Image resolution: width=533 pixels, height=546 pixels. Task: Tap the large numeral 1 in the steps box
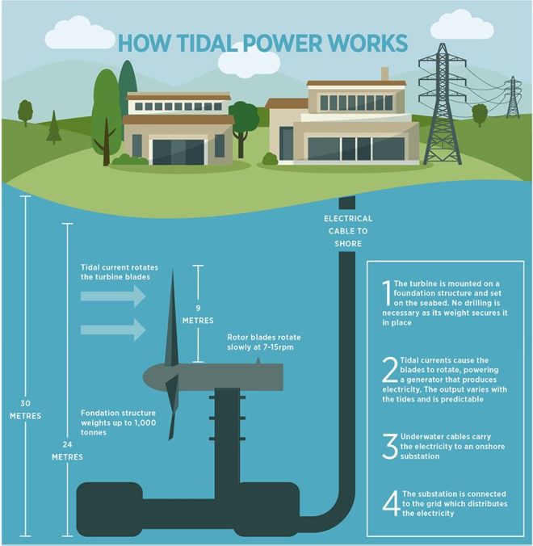click(387, 293)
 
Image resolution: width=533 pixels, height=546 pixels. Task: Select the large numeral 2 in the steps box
click(390, 369)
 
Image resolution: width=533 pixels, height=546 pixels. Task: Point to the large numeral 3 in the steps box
click(389, 446)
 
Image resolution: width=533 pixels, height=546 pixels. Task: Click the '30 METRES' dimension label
click(25, 409)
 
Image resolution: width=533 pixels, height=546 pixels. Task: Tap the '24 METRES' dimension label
click(67, 451)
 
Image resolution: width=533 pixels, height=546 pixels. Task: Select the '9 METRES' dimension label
click(198, 314)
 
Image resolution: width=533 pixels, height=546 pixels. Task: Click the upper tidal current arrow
click(113, 296)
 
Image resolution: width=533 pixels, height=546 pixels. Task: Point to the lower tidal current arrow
click(113, 330)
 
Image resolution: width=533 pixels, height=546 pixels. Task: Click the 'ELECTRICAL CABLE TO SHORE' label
click(348, 231)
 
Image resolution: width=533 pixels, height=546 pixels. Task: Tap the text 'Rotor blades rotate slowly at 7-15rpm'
click(264, 342)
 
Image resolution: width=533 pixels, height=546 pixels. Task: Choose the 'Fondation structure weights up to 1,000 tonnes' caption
click(119, 422)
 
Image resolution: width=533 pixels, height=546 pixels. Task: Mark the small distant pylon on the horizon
click(513, 98)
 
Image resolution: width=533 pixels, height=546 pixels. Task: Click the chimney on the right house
click(384, 73)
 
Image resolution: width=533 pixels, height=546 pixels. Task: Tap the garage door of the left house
click(178, 152)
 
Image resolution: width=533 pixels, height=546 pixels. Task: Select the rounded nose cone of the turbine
click(153, 377)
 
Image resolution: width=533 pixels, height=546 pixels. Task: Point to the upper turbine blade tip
click(172, 271)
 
